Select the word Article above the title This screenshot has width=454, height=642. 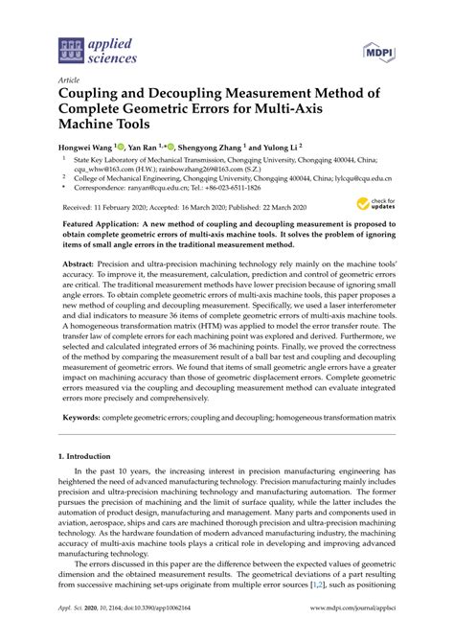pos(69,80)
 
